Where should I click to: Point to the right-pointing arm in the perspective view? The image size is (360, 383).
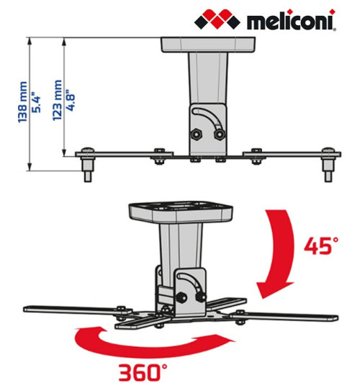[x=288, y=315]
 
